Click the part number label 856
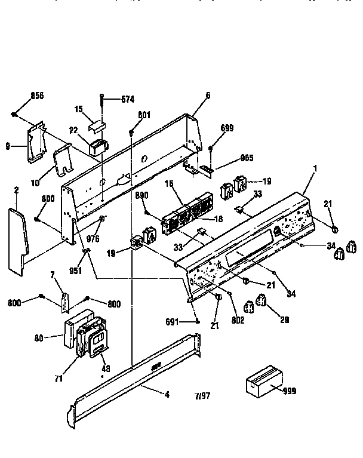(x=37, y=96)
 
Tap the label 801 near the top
(x=144, y=115)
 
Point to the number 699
(x=227, y=128)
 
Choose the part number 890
(x=141, y=195)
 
